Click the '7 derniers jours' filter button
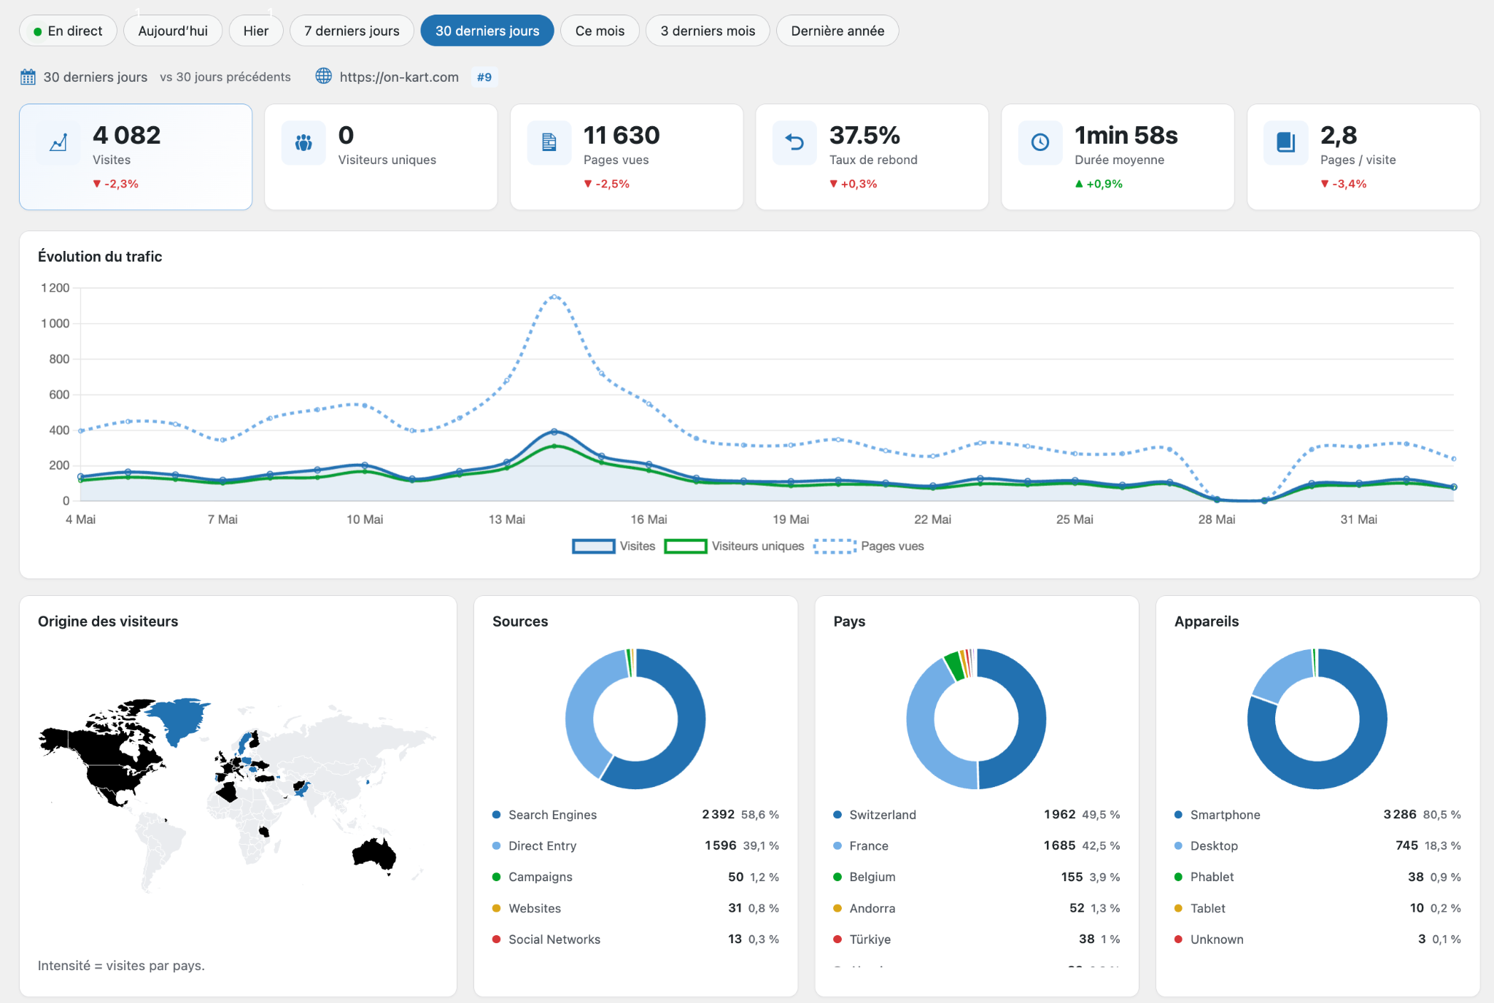click(x=352, y=31)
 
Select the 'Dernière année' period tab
click(x=837, y=31)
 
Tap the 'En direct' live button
click(x=68, y=31)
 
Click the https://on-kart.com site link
click(x=399, y=77)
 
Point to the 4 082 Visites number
click(x=126, y=135)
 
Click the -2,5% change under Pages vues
click(x=606, y=184)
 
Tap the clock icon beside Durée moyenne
click(x=1040, y=142)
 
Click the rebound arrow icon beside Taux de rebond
click(x=794, y=142)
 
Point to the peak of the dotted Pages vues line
click(x=554, y=297)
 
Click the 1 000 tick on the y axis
click(x=55, y=323)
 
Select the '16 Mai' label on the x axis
click(x=649, y=519)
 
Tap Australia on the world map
click(x=374, y=853)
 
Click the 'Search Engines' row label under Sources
click(x=552, y=815)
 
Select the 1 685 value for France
click(x=1059, y=845)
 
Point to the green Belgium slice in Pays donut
click(x=953, y=665)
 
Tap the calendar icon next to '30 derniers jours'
click(x=28, y=77)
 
